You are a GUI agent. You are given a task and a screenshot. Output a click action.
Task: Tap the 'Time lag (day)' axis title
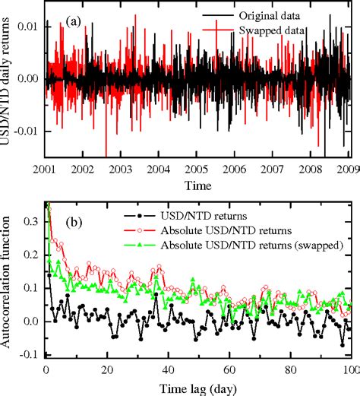coord(197,387)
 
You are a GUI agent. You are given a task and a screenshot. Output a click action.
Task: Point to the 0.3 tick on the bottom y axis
coord(30,221)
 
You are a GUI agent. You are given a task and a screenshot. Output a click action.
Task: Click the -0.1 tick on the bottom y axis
coord(27,354)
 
